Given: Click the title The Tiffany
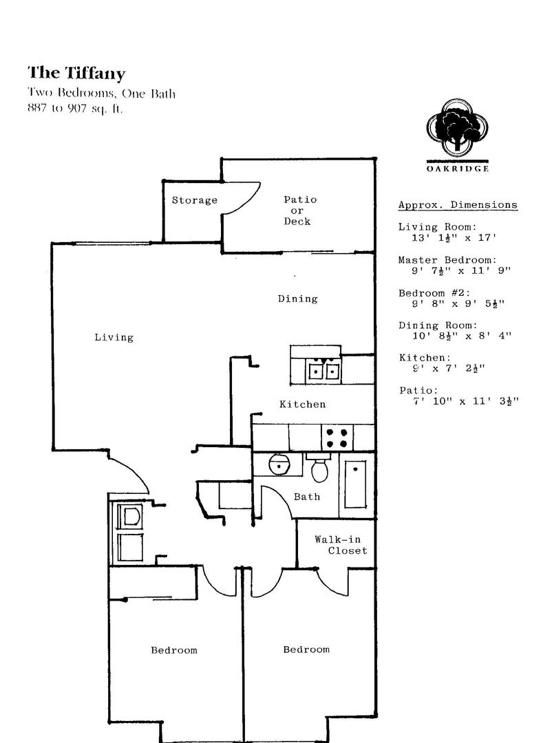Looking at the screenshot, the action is click(x=76, y=73).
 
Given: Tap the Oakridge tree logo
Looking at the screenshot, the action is click(x=457, y=127).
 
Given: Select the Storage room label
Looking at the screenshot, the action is click(x=194, y=200).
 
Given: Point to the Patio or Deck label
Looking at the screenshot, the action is click(x=299, y=211).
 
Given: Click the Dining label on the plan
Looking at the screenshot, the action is click(x=298, y=299).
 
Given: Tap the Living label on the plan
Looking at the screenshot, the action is click(x=114, y=337).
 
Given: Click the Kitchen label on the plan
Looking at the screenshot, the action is click(x=303, y=405).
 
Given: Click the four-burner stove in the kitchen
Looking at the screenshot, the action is click(x=337, y=438).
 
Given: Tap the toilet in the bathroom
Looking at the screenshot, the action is click(x=319, y=467).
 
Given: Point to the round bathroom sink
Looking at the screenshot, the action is click(x=279, y=464).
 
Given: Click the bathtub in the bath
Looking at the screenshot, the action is click(x=356, y=484).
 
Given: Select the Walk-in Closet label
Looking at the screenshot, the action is click(x=341, y=545).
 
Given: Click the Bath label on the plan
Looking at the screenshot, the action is click(x=307, y=497).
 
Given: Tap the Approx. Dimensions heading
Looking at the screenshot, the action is click(x=458, y=205).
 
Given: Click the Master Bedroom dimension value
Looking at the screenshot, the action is click(x=461, y=270).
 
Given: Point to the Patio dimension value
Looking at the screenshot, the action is click(x=466, y=401).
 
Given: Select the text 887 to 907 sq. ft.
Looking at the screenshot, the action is click(x=75, y=109).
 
